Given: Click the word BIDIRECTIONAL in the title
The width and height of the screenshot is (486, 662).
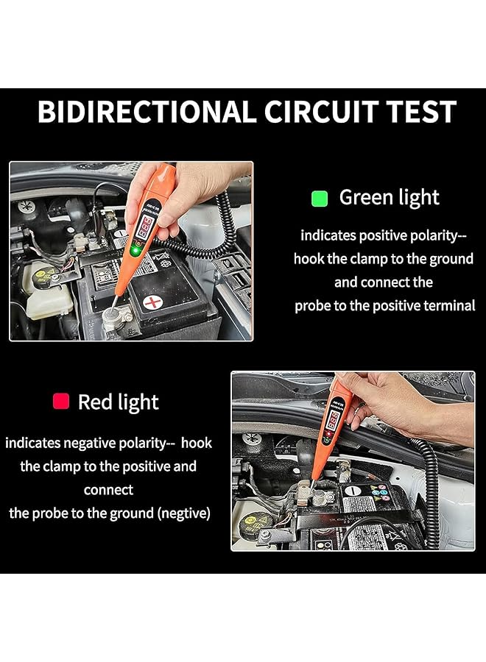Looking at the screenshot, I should (x=143, y=112).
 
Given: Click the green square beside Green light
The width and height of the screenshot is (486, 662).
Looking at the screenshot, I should (x=319, y=198).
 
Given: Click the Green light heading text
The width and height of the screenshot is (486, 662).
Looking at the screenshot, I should (x=389, y=198).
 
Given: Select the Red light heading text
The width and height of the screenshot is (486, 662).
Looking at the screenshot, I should (x=118, y=402).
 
